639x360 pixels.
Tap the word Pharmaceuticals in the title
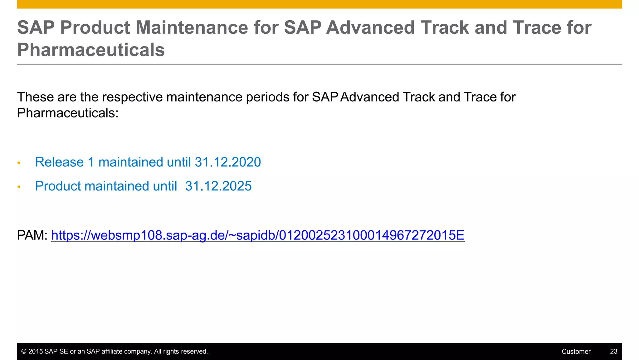(x=91, y=50)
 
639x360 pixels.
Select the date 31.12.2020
(x=228, y=162)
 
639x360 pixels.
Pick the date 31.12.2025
(x=218, y=186)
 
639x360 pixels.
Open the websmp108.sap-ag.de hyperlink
(x=258, y=235)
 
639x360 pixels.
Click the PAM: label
(x=32, y=235)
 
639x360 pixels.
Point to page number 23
(x=613, y=352)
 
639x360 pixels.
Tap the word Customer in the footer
(x=576, y=352)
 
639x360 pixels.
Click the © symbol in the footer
(x=24, y=352)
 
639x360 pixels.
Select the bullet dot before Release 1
(x=19, y=163)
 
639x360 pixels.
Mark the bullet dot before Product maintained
(x=19, y=187)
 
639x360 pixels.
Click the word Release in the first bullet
(x=59, y=162)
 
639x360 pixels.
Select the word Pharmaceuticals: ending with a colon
(x=68, y=113)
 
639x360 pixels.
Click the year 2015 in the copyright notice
(x=36, y=352)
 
